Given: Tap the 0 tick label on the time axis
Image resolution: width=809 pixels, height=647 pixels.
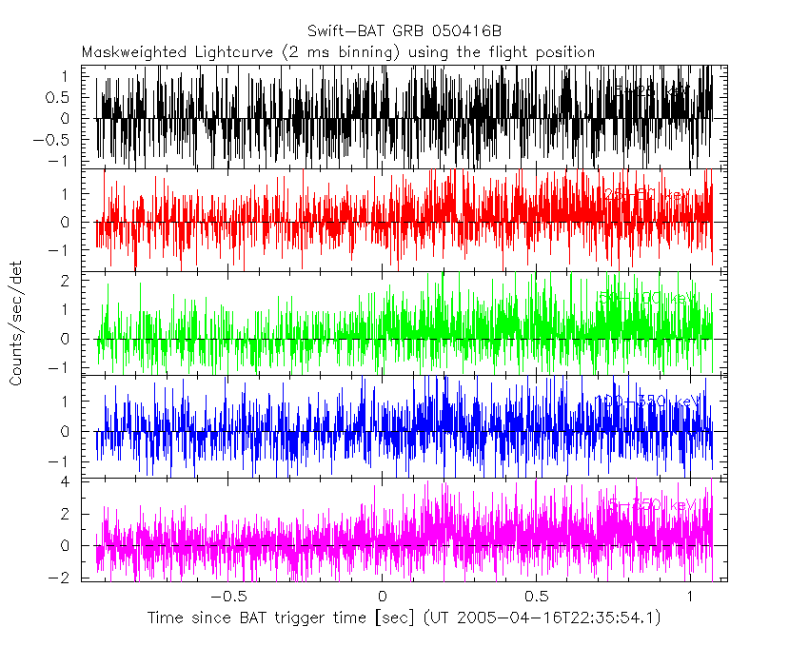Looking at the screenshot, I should pos(381,596).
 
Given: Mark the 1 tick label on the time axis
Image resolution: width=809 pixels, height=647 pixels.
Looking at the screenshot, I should pos(690,596).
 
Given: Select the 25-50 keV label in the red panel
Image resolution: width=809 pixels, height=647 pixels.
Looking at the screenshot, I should pos(647,194).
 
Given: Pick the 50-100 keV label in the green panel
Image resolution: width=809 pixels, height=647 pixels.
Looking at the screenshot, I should pos(647,298).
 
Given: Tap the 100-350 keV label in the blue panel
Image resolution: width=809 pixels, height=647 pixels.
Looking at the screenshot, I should pos(647,402).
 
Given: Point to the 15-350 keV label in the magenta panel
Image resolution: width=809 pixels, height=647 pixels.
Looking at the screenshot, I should pos(647,504).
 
